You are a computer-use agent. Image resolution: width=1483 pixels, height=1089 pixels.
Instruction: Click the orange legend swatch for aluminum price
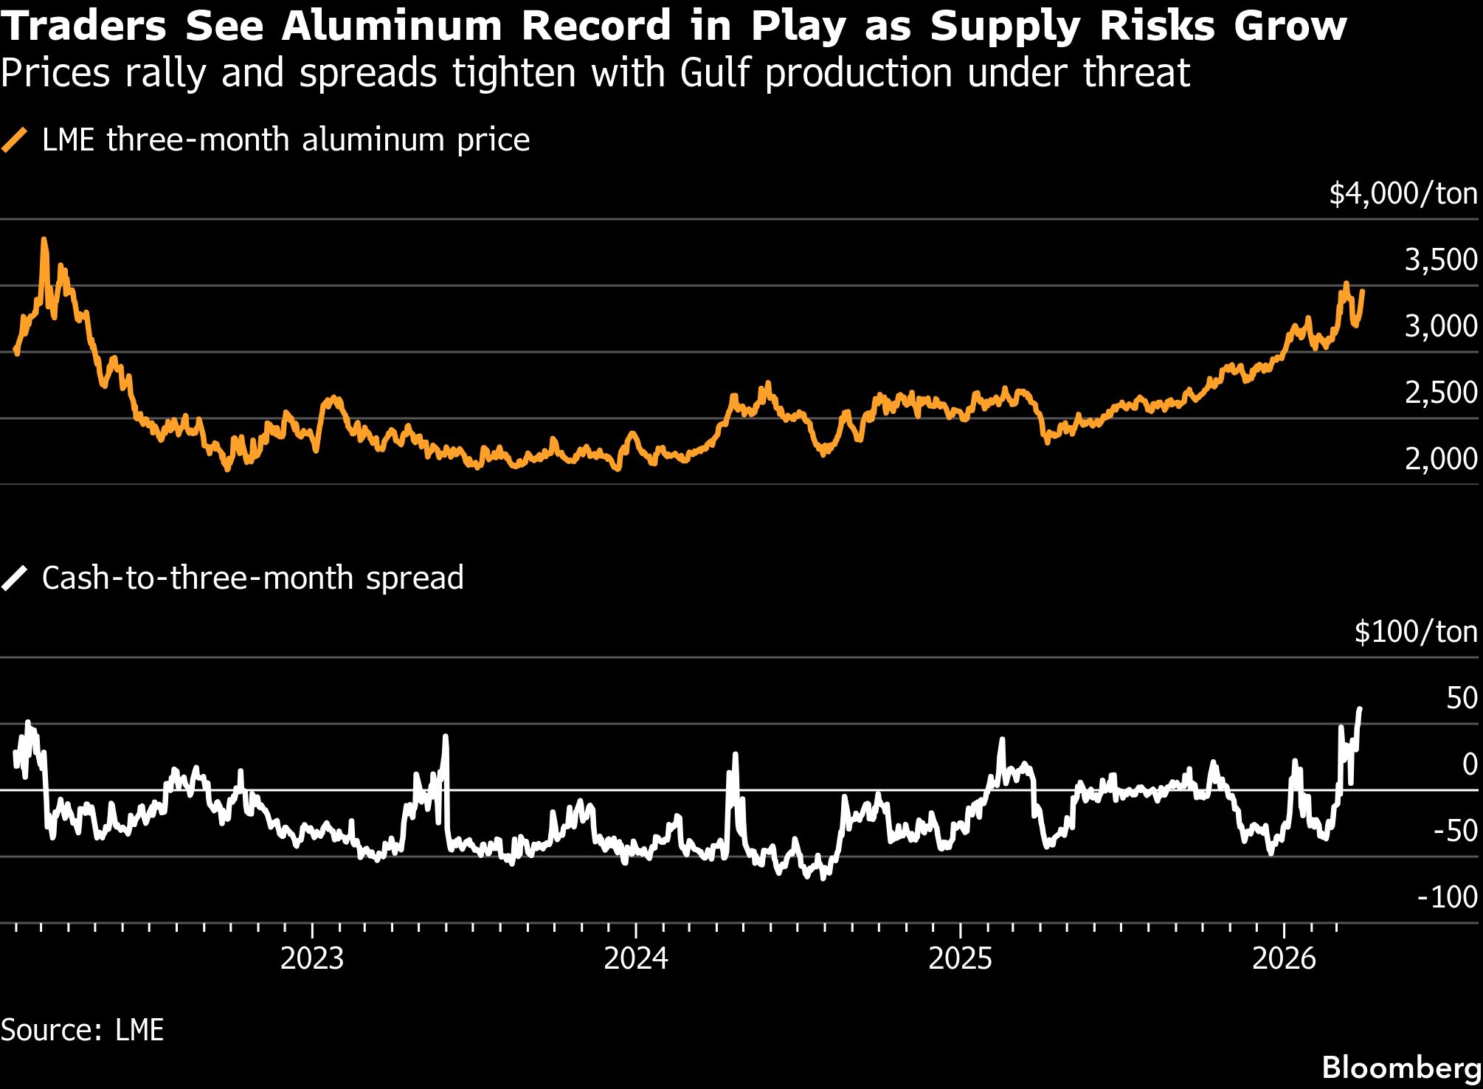click(15, 140)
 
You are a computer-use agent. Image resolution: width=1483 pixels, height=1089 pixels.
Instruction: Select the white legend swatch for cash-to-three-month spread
click(15, 578)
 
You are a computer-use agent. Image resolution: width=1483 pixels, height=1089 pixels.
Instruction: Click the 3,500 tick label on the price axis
click(1440, 260)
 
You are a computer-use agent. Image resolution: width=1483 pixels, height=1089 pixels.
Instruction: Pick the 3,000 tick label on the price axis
click(1440, 326)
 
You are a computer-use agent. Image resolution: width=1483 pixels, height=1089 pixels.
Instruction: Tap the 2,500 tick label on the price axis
click(1440, 393)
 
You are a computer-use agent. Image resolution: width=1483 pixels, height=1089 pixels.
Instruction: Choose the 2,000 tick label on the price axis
click(1440, 459)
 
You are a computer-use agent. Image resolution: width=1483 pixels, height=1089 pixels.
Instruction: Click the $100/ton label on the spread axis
click(1416, 632)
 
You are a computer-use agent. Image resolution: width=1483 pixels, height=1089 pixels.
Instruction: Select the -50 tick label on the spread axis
click(1455, 832)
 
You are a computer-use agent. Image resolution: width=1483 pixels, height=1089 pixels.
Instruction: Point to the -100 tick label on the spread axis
click(1447, 897)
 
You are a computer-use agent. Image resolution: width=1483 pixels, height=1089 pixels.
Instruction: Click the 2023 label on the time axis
click(312, 958)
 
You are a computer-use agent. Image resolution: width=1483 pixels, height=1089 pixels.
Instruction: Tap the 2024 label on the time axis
click(636, 958)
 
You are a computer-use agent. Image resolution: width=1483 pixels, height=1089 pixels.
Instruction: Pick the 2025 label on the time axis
click(960, 958)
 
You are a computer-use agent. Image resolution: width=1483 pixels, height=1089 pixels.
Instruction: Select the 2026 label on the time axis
click(1284, 958)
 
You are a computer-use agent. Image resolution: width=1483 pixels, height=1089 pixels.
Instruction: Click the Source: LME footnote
click(82, 1030)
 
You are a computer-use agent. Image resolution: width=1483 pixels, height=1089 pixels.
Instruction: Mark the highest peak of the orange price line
click(44, 239)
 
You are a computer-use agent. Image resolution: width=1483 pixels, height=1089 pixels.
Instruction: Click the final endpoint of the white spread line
click(1359, 708)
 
